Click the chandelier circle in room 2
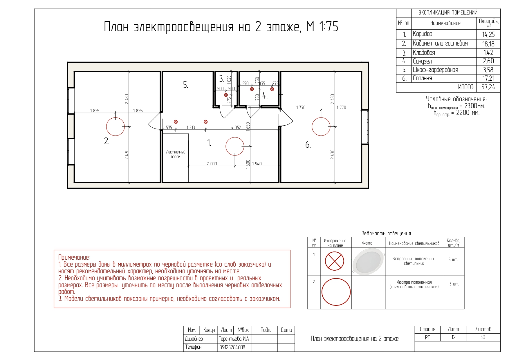(x=115, y=126)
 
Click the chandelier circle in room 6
(x=321, y=126)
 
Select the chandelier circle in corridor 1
(x=235, y=146)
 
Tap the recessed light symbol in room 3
(x=226, y=95)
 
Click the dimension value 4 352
(x=236, y=127)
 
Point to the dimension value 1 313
(x=191, y=127)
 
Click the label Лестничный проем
(x=176, y=154)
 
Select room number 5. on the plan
(x=185, y=85)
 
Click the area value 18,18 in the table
(x=488, y=44)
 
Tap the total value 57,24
(x=488, y=87)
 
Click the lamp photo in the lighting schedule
(x=368, y=261)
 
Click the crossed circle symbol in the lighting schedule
(x=335, y=261)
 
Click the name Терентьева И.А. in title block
(x=234, y=339)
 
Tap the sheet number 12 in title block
(x=453, y=337)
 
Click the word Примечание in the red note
(x=74, y=257)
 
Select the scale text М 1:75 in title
(x=322, y=27)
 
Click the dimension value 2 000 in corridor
(x=212, y=164)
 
